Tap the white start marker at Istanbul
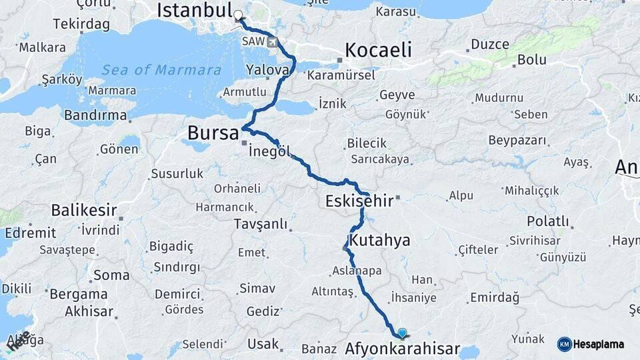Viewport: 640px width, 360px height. pyautogui.click(x=239, y=13)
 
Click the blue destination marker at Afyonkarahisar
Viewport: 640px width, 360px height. pyautogui.click(x=401, y=332)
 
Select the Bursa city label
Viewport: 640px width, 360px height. pyautogui.click(x=213, y=133)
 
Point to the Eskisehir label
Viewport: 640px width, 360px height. pyautogui.click(x=355, y=201)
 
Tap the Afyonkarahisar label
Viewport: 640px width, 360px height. pyautogui.click(x=402, y=349)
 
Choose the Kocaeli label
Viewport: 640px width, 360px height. pyautogui.click(x=378, y=49)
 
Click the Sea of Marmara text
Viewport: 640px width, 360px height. pyautogui.click(x=161, y=69)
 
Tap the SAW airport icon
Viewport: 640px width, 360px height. pyautogui.click(x=272, y=42)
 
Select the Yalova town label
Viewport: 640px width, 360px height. pyautogui.click(x=267, y=69)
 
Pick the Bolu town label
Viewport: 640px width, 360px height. pyautogui.click(x=531, y=59)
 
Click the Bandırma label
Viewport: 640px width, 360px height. pyautogui.click(x=95, y=115)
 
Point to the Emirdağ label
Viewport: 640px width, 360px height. pyautogui.click(x=494, y=297)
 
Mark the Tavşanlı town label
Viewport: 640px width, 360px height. pyautogui.click(x=260, y=224)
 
